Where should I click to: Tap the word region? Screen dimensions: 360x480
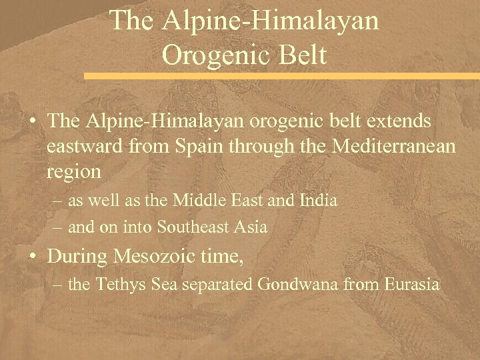tap(73, 172)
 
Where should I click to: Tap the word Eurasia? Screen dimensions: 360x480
tap(413, 285)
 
